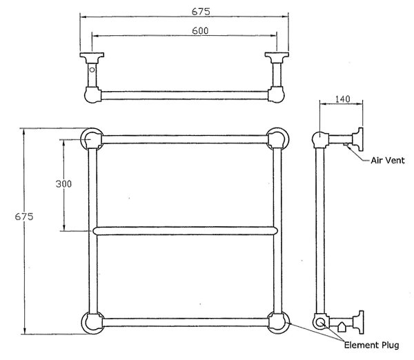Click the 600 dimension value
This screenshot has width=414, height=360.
(200, 31)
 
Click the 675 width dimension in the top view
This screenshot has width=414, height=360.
(201, 12)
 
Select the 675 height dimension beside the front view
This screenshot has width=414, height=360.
(24, 217)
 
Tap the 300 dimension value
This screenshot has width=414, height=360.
(63, 183)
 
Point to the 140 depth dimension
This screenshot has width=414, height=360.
(343, 99)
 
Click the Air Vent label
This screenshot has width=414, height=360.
(388, 161)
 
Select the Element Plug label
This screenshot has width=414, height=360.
(371, 346)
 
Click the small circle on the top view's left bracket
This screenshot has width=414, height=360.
(92, 70)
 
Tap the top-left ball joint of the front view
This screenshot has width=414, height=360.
(92, 139)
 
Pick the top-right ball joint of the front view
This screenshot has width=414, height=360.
(277, 139)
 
